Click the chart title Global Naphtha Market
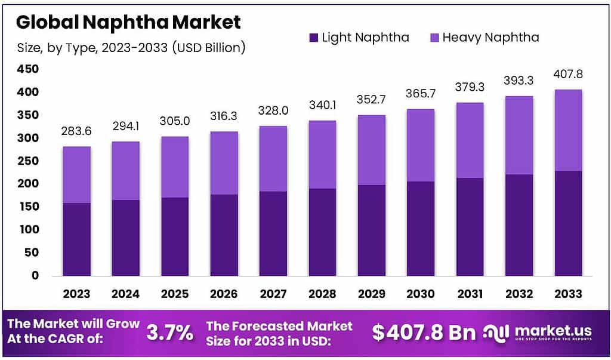(x=128, y=23)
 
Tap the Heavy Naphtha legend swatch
(x=434, y=38)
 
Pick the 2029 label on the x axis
(x=371, y=294)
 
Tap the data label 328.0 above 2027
(x=273, y=112)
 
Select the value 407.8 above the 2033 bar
(x=568, y=75)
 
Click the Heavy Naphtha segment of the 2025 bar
(x=174, y=167)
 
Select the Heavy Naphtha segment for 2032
(x=519, y=135)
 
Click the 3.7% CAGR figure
(x=170, y=333)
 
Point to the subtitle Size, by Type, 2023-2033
(x=131, y=48)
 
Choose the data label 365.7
(x=420, y=94)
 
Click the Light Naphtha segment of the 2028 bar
(x=322, y=232)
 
